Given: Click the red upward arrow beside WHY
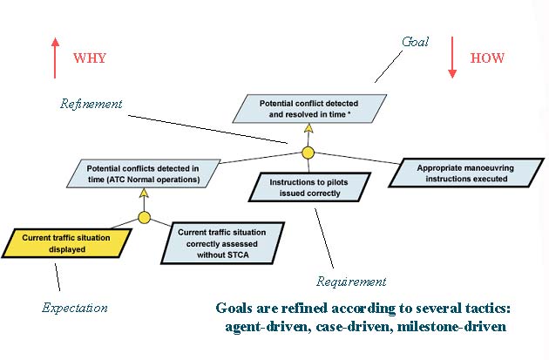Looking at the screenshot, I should (x=55, y=58).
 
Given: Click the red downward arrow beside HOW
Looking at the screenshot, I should (x=453, y=58).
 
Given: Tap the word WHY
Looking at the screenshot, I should (x=91, y=58).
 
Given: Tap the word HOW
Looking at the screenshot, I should (x=488, y=58).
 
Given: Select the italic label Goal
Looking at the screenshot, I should (x=416, y=41).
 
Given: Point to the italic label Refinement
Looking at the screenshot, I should (x=91, y=104).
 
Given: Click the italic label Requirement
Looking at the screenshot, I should (x=350, y=282).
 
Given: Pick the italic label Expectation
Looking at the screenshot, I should (x=75, y=308).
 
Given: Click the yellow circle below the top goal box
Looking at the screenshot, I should (x=308, y=153).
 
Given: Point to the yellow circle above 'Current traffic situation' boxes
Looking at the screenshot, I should (x=145, y=217).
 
